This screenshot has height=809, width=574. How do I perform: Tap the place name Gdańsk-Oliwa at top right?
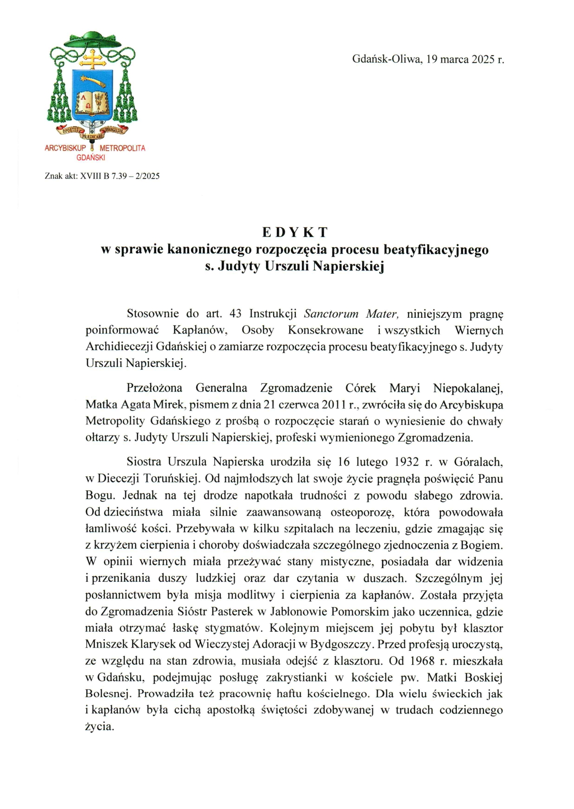[386, 59]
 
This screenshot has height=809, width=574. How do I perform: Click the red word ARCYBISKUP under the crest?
[65, 148]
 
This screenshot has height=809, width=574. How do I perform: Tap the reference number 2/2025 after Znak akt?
[147, 176]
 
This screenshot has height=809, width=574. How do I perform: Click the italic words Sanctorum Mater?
[351, 314]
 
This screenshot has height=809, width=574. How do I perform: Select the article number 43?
[236, 314]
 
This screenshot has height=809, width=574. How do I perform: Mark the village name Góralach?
[478, 462]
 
